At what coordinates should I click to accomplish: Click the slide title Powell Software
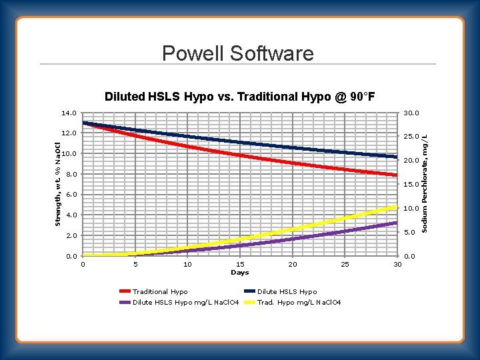tap(237, 53)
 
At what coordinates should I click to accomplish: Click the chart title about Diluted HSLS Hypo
tap(239, 97)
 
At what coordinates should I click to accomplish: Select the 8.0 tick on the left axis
tap(70, 175)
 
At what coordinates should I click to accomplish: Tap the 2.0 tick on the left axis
tap(70, 236)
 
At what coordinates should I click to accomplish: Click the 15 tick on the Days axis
tap(240, 265)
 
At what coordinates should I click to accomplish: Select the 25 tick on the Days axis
tap(345, 265)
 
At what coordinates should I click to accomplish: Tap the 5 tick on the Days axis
tap(135, 265)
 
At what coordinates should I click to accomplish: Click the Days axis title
tap(239, 273)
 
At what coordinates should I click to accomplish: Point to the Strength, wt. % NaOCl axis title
tap(58, 183)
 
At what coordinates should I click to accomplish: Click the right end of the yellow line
tap(396, 207)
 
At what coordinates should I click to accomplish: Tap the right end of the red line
tap(396, 175)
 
